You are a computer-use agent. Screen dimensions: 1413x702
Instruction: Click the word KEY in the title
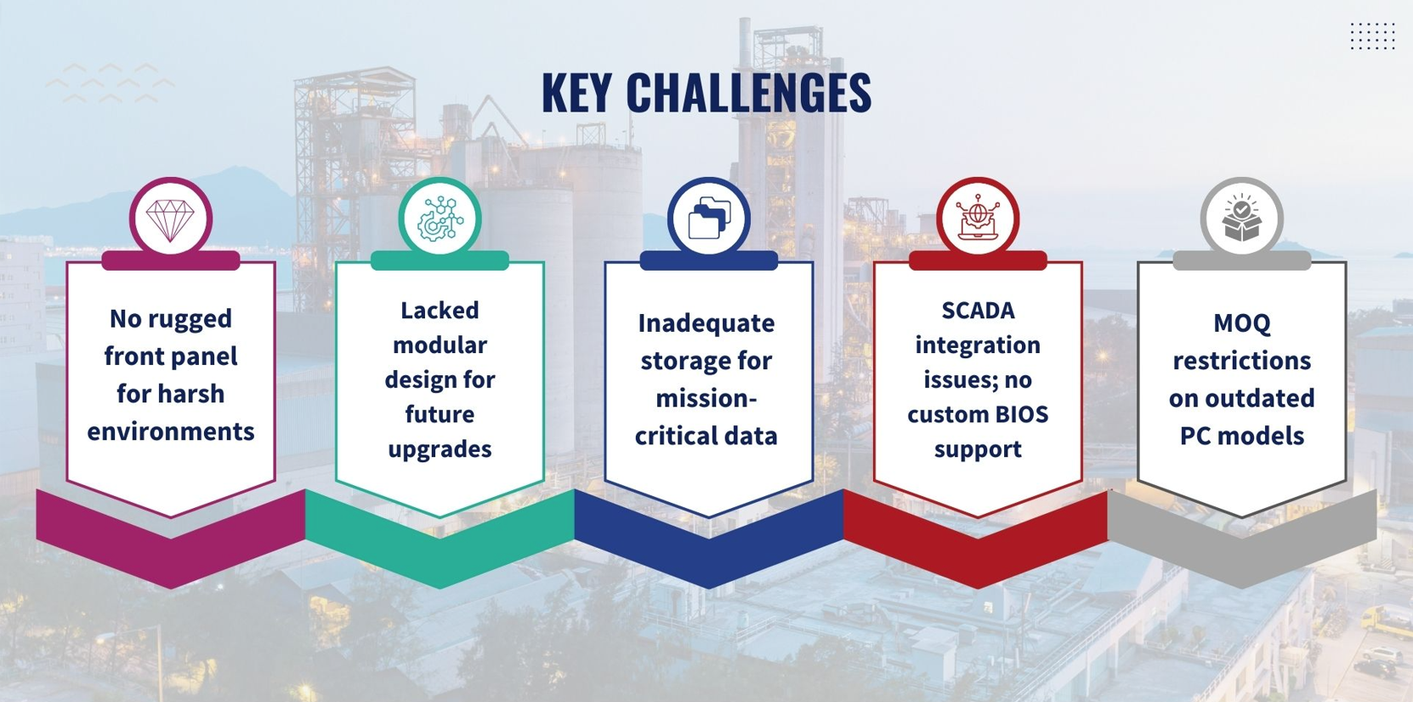(576, 93)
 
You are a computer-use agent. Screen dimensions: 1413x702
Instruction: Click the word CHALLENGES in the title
(749, 93)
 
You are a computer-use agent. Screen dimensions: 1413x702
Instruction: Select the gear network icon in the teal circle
(440, 219)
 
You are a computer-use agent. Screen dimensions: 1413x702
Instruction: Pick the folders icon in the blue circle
(709, 219)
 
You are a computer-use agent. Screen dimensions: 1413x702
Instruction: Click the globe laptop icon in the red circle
(978, 217)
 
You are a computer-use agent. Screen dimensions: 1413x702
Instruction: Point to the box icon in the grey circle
(1241, 218)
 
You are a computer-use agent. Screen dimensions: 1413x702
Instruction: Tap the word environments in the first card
(171, 431)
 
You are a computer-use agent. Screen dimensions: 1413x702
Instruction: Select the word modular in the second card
(440, 345)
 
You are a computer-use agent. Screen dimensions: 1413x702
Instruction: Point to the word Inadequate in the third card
(706, 323)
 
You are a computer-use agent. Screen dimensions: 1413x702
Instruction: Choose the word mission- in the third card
(706, 399)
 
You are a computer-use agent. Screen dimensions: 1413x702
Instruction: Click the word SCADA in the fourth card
(978, 311)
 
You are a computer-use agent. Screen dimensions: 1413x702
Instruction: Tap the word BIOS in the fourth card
(1022, 414)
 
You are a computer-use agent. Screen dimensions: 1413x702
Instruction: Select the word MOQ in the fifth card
(1241, 324)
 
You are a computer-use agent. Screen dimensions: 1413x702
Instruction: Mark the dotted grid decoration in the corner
(1372, 36)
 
